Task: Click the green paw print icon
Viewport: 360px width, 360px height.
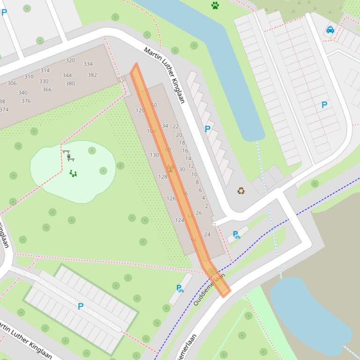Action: click(215, 6)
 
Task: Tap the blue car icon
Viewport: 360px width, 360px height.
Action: click(330, 30)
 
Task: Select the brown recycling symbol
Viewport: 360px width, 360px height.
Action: click(241, 191)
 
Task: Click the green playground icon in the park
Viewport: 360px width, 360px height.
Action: click(73, 173)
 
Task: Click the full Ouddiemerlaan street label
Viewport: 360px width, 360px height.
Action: click(209, 289)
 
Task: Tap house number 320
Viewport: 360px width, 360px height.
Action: click(70, 60)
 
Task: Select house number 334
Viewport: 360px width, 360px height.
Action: click(88, 64)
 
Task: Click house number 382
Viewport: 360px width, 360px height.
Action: click(92, 75)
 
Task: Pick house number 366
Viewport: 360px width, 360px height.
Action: click(47, 90)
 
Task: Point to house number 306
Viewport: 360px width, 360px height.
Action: click(12, 83)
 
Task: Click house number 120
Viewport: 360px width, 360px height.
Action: click(140, 110)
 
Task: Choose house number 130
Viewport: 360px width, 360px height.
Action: click(154, 155)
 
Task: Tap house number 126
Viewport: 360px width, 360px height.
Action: click(171, 199)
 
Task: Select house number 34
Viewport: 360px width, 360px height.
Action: click(165, 126)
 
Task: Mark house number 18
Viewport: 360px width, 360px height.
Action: click(182, 143)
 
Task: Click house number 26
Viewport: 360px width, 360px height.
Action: click(199, 213)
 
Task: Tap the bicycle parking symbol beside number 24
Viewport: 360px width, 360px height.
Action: click(236, 235)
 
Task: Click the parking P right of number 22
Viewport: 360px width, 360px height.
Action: click(207, 129)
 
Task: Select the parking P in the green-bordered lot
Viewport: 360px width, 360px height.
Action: click(81, 306)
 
